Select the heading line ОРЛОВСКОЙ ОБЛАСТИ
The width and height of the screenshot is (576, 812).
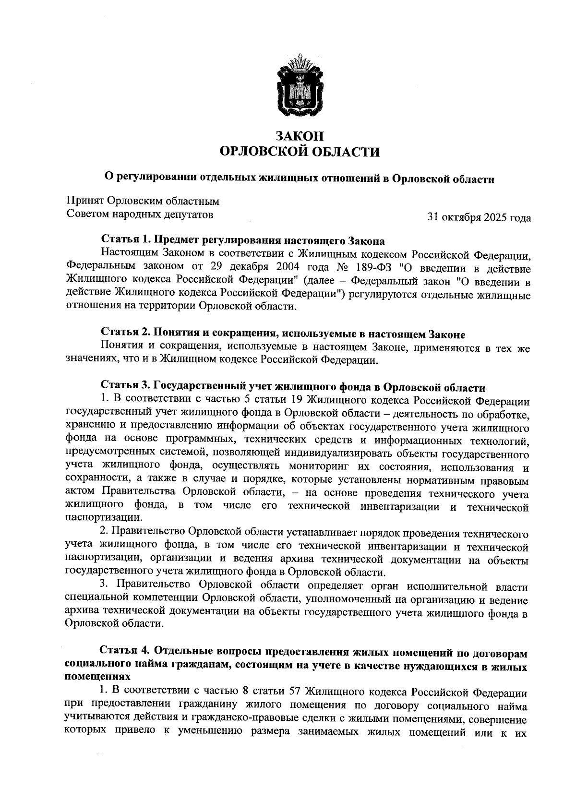click(299, 153)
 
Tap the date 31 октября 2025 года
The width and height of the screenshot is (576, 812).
click(479, 217)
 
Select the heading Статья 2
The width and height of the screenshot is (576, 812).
click(124, 334)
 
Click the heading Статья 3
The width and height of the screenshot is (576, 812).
click(124, 387)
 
